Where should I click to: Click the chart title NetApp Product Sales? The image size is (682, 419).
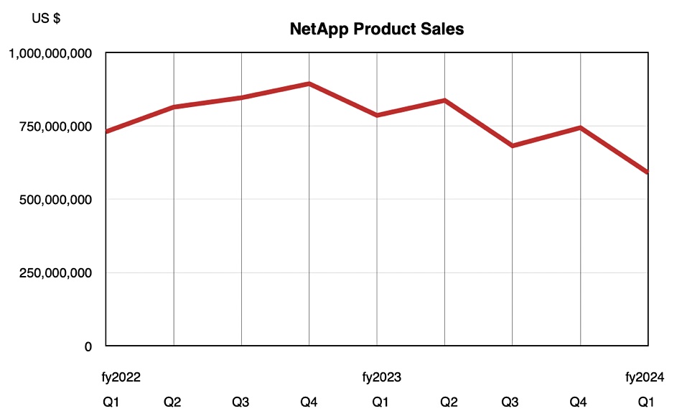point(377,29)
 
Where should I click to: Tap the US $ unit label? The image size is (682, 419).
point(46,18)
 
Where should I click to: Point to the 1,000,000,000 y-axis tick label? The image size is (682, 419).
point(50,54)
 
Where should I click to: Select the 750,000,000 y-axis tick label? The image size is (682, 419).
point(56,126)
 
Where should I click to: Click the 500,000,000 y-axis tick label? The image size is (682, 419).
point(56,200)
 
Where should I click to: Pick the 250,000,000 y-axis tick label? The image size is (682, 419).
point(56,273)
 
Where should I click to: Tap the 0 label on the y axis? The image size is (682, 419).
point(88,346)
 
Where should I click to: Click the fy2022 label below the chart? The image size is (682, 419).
point(121,377)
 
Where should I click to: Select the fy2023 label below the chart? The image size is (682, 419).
point(381,377)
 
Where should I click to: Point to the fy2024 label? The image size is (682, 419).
point(645,377)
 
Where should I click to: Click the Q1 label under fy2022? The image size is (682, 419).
point(111,402)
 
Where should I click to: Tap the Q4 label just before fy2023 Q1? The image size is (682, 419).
point(309,402)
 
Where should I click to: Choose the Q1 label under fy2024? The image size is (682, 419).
point(646,402)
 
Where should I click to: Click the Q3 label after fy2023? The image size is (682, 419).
point(510,402)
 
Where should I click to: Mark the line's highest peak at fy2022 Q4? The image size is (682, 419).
point(309,83)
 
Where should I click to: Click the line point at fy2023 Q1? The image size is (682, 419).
point(377,116)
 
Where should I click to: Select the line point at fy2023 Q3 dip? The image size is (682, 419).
point(513,146)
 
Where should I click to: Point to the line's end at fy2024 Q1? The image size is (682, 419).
point(648,172)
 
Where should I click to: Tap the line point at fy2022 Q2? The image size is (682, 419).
point(174,106)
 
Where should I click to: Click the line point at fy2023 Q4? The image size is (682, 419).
point(580,127)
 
